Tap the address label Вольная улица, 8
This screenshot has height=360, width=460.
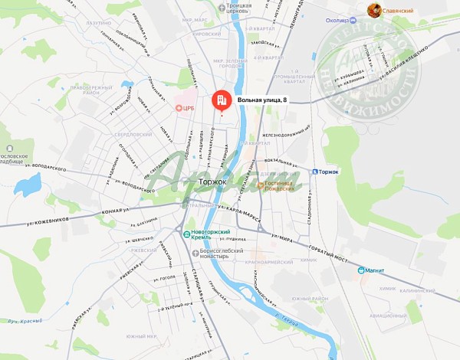pyautogui.click(x=262, y=100)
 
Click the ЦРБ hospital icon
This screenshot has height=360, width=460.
pyautogui.click(x=180, y=109)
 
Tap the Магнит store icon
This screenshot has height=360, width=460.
pyautogui.click(x=361, y=269)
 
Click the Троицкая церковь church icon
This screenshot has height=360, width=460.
pyautogui.click(x=222, y=7)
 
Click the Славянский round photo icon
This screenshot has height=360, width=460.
pyautogui.click(x=374, y=10)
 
